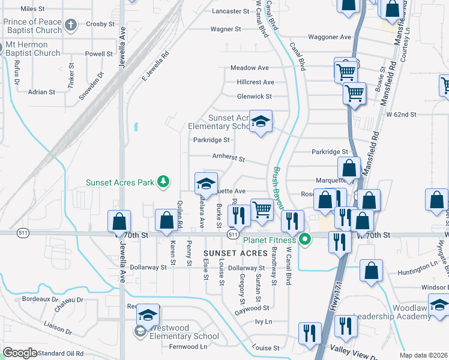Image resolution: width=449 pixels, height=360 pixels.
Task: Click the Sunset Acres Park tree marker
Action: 161,181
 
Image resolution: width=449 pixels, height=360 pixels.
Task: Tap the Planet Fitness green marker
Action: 305,241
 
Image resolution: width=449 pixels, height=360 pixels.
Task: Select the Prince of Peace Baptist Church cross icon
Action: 71,25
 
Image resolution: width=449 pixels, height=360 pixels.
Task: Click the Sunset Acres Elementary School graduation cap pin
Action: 261,122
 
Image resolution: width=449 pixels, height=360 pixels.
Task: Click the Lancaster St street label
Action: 231,11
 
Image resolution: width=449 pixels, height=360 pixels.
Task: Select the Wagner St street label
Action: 225,29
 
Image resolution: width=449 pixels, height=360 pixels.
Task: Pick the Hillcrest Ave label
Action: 255,82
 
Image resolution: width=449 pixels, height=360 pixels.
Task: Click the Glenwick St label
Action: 254,96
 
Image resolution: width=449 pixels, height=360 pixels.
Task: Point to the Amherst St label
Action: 229,158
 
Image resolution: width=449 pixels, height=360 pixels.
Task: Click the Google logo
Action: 20,352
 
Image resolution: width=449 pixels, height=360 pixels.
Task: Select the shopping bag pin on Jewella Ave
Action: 119,221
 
